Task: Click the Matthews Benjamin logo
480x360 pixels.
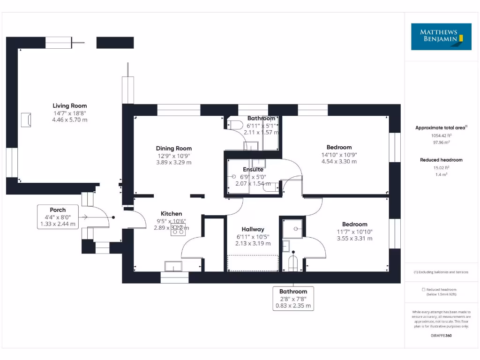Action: (441, 37)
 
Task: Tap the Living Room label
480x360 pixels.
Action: (69, 106)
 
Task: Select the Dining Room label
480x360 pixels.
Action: (174, 149)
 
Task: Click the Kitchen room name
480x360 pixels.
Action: (171, 214)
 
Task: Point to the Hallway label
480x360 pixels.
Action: (253, 230)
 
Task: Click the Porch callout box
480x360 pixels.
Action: (58, 217)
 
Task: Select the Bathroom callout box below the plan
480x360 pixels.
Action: (293, 299)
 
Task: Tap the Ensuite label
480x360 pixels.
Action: (253, 170)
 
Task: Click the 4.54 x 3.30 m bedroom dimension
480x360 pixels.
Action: (339, 162)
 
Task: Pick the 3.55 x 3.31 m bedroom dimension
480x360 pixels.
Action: (355, 239)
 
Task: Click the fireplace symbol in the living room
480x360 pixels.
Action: (26, 120)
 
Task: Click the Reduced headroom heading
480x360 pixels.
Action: (441, 160)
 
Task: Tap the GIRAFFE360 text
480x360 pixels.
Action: (441, 336)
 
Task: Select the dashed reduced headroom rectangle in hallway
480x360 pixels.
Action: (253, 263)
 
